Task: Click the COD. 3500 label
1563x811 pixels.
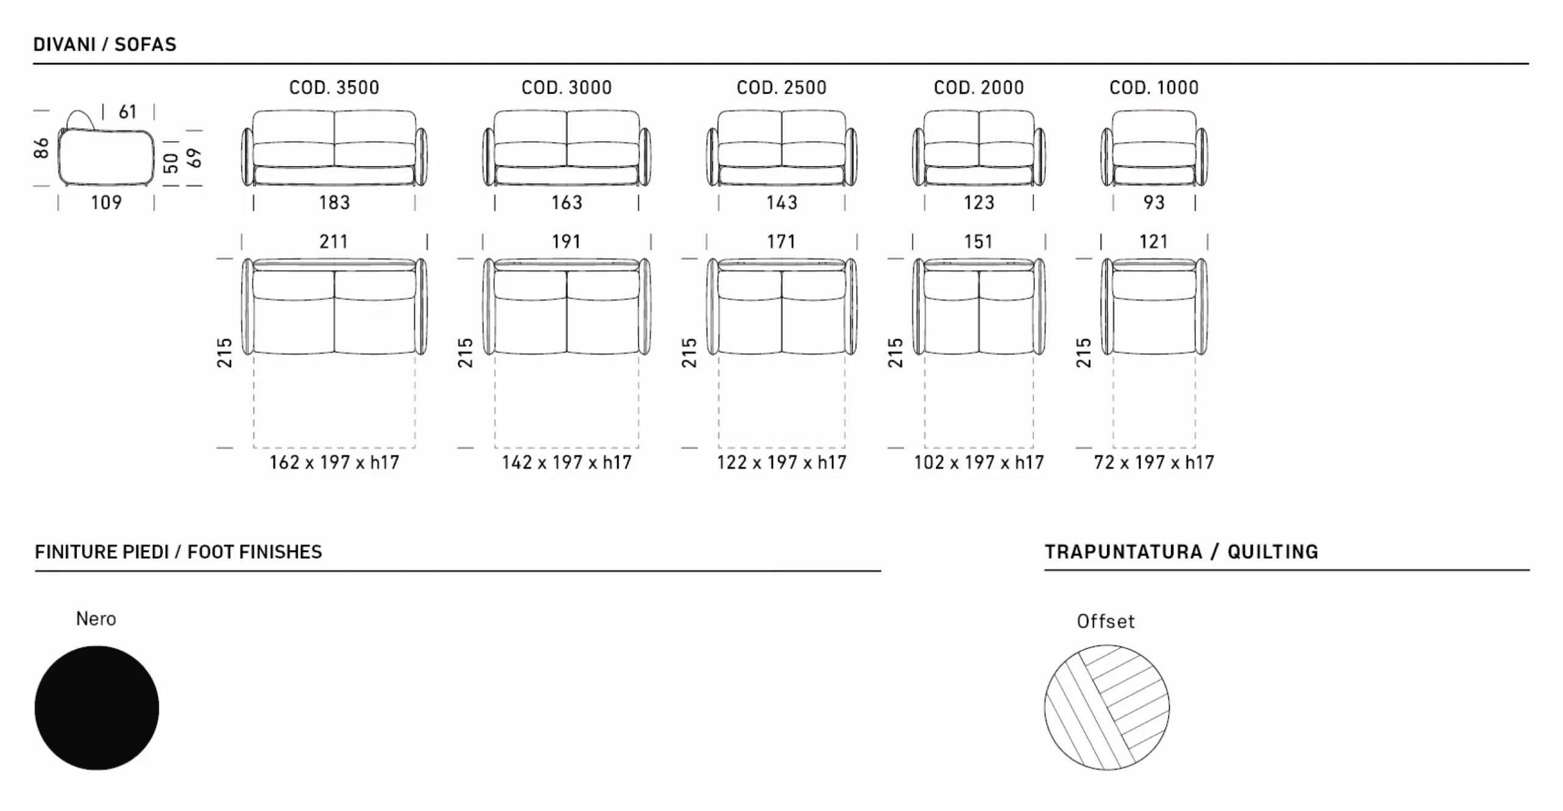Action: [x=334, y=87]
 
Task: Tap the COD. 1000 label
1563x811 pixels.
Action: [x=1154, y=87]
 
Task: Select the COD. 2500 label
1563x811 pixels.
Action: [x=781, y=87]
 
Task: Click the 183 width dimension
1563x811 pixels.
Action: [x=335, y=202]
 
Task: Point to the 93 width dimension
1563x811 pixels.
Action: [x=1154, y=202]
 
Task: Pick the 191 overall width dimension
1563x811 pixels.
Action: [x=566, y=241]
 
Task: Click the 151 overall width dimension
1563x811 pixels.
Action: [x=978, y=241]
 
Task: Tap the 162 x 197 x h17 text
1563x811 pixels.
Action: [x=335, y=462]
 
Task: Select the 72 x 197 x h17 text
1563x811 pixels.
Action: [x=1154, y=462]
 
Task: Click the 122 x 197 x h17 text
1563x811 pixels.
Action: [x=781, y=462]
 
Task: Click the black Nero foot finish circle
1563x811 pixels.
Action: [x=96, y=708]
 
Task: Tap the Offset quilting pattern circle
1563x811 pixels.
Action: [x=1107, y=707]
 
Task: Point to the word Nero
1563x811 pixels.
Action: [x=96, y=619]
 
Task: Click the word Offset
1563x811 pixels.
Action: [x=1106, y=621]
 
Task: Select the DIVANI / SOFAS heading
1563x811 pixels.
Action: [x=104, y=44]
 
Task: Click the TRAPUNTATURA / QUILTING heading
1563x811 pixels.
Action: [x=1181, y=551]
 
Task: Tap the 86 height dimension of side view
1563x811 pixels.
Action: [x=41, y=148]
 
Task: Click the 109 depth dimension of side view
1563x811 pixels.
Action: [x=106, y=202]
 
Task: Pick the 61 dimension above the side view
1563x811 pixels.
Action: [x=128, y=112]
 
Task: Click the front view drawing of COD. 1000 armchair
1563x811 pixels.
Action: [x=1154, y=148]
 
